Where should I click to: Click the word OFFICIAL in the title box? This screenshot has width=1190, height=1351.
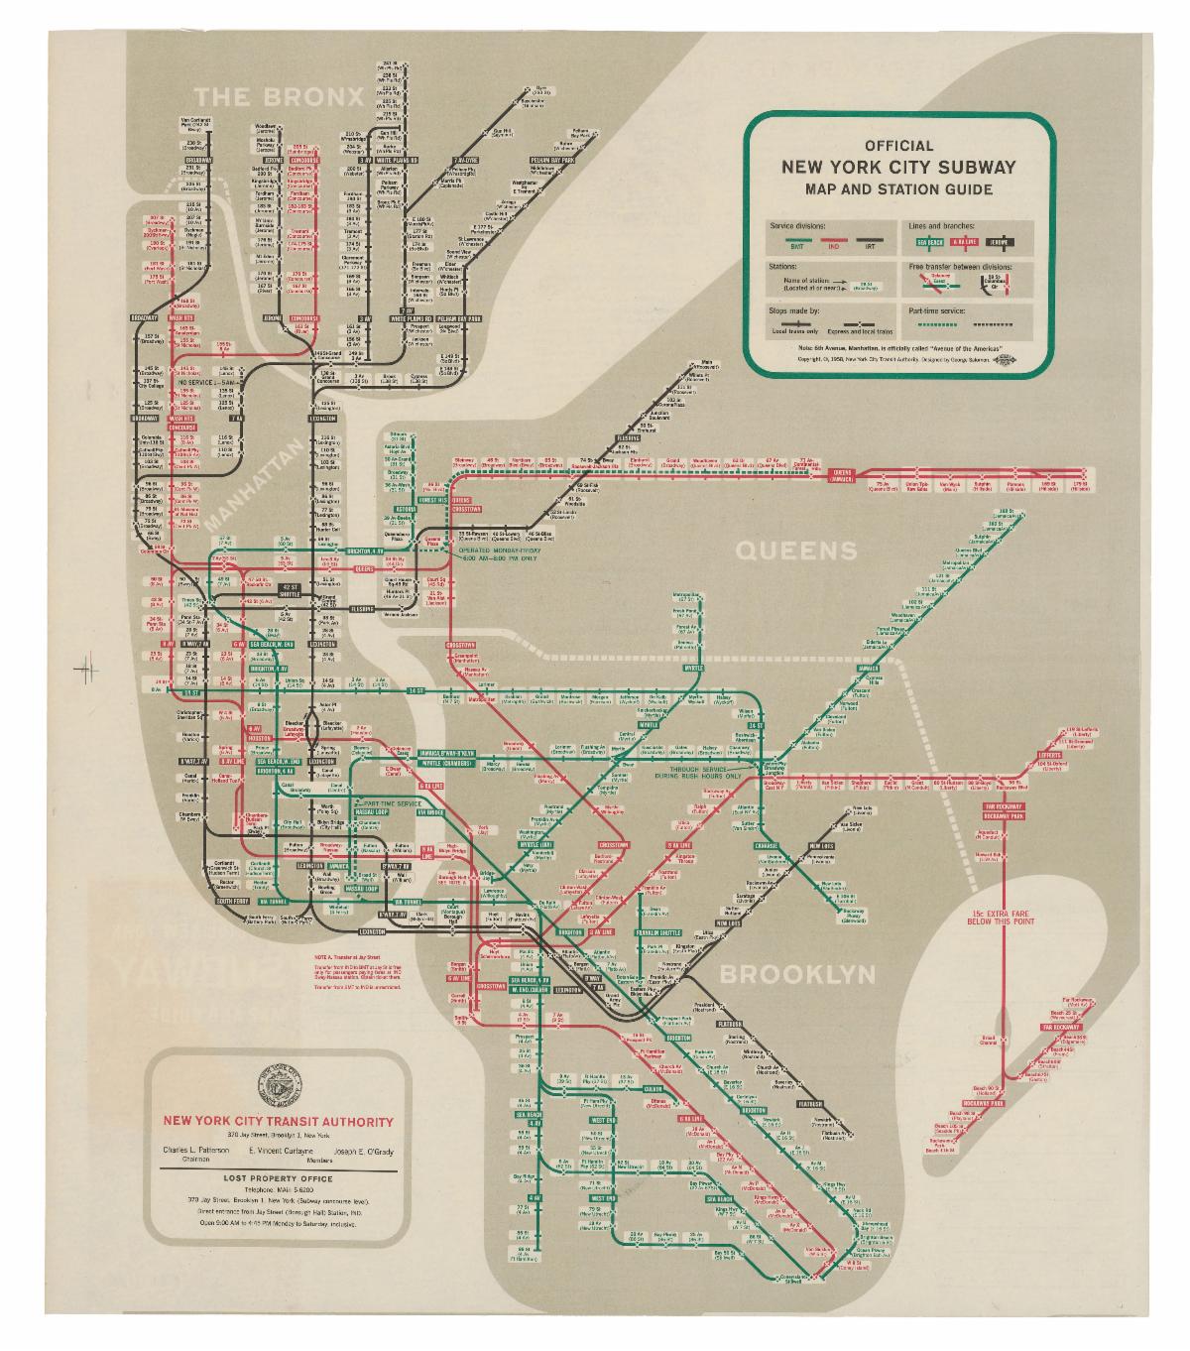click(x=898, y=146)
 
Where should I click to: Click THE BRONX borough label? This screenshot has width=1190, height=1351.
click(x=279, y=96)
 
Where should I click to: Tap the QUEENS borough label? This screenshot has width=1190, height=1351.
click(x=794, y=551)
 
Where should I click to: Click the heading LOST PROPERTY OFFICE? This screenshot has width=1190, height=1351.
click(x=278, y=1178)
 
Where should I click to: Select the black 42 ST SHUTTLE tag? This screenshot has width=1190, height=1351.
click(x=291, y=590)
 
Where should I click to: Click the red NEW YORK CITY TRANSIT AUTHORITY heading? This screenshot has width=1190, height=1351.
click(x=278, y=1122)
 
